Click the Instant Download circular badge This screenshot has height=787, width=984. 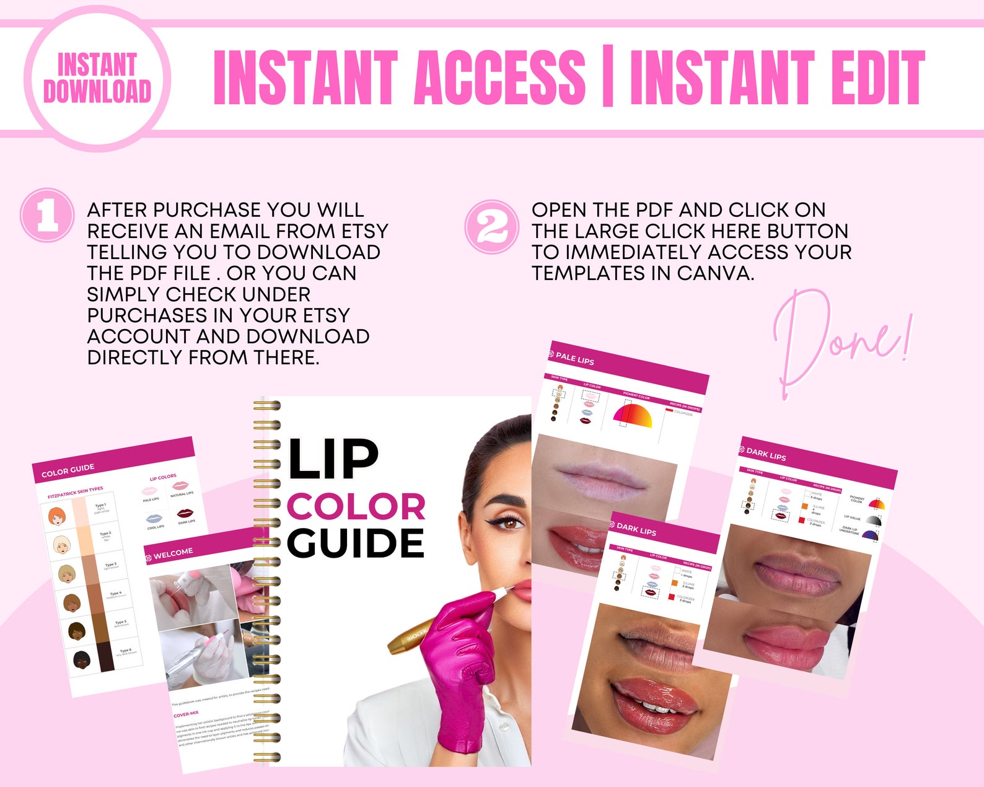[x=97, y=79]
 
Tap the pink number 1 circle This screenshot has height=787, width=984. [x=48, y=215]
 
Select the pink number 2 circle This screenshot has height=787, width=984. [x=492, y=227]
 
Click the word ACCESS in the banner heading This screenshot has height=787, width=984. [x=499, y=78]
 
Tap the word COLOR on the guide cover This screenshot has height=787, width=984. [x=356, y=507]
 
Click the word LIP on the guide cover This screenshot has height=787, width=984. [x=333, y=459]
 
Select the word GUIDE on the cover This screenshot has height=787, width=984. [x=356, y=543]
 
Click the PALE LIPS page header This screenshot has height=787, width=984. [x=574, y=358]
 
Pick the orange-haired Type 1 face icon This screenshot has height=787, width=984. [x=56, y=516]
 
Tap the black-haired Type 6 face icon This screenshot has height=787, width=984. [x=82, y=660]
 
